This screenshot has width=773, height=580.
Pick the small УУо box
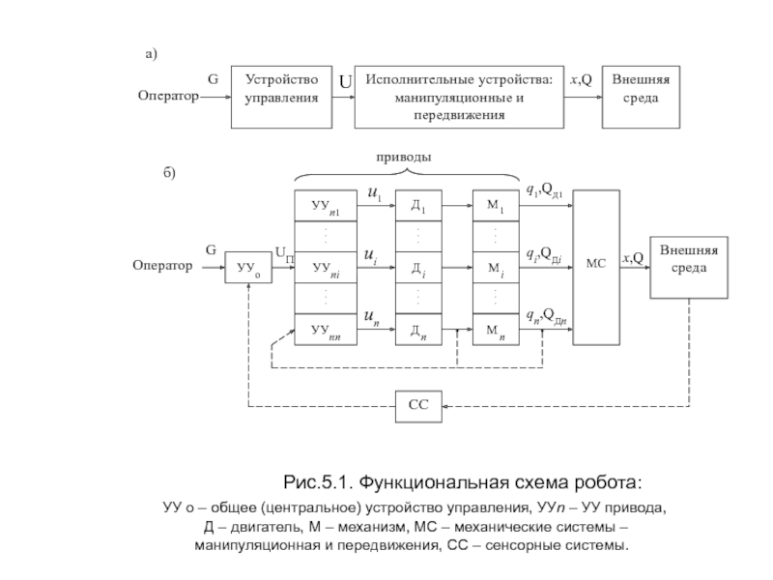click(x=249, y=267)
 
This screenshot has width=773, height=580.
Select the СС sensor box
click(x=417, y=406)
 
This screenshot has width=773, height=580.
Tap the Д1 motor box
click(x=418, y=205)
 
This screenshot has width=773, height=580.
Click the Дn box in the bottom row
click(x=418, y=330)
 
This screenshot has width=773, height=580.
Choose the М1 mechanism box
click(x=496, y=205)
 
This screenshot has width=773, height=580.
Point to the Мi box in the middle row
click(x=496, y=267)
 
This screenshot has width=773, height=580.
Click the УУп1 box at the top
click(x=326, y=205)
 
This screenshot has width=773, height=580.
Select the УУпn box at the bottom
click(x=326, y=330)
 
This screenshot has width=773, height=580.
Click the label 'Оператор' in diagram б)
click(x=162, y=266)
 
